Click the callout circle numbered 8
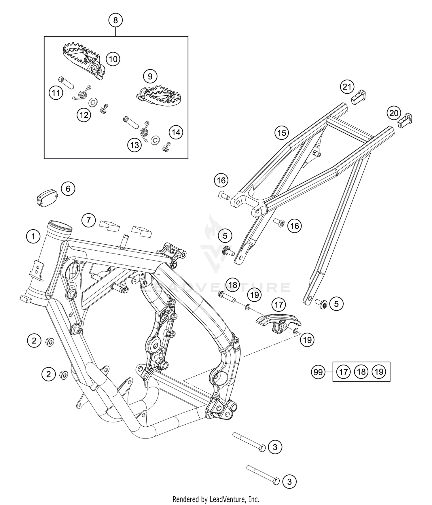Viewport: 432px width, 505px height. [x=115, y=20]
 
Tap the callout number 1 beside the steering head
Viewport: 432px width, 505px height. [x=33, y=237]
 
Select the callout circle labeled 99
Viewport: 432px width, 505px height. [x=318, y=372]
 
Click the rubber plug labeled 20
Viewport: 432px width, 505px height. [x=406, y=120]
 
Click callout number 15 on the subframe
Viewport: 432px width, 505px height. [x=282, y=133]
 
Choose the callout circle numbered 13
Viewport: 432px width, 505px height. [x=134, y=145]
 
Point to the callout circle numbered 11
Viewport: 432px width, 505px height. [x=56, y=93]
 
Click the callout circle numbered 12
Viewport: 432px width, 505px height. [x=84, y=115]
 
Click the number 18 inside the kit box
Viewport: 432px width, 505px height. [x=361, y=372]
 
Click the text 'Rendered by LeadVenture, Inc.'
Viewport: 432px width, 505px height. [x=216, y=499]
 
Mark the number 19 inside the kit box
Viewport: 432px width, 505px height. [x=379, y=372]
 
